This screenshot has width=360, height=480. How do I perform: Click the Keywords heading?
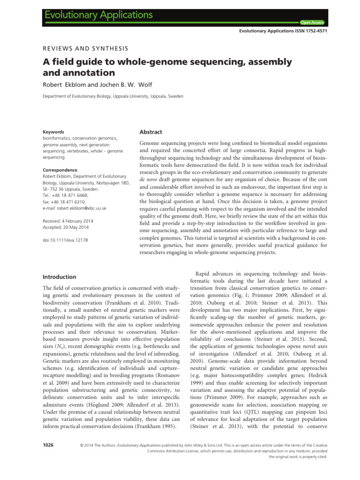coord(52,132)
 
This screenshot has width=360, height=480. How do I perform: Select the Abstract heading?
coord(151,132)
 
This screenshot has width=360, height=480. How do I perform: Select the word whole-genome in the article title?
coord(144,62)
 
